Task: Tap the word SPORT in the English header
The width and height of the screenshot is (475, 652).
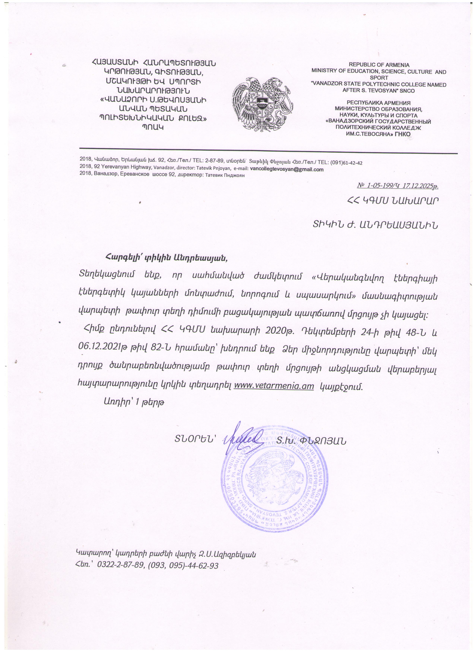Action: pos(379,78)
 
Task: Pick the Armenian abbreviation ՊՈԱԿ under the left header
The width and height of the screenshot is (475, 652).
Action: pos(153,127)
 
